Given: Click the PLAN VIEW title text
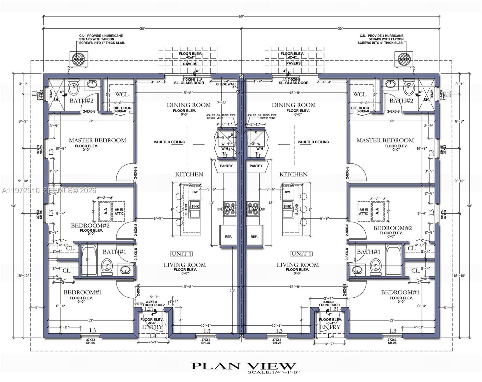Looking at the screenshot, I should [x=243, y=366].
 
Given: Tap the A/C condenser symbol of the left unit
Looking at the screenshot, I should [x=78, y=59].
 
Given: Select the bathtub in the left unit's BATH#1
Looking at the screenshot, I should [x=89, y=260].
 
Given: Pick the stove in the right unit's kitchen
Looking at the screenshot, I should [x=253, y=209].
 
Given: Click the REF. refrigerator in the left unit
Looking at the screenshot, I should [x=228, y=236].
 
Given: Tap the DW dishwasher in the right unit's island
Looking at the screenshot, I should [x=287, y=192].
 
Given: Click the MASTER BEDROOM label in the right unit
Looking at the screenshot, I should [x=385, y=140].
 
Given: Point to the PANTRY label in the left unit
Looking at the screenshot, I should [x=226, y=166].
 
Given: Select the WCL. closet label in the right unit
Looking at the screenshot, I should [x=360, y=95].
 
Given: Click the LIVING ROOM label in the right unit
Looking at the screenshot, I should [x=297, y=265].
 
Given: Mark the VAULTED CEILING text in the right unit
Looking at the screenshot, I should [x=313, y=142].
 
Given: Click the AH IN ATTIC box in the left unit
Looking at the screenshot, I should [x=119, y=211].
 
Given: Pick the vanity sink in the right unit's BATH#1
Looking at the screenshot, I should [x=357, y=270].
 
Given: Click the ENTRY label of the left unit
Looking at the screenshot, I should [x=152, y=327].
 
